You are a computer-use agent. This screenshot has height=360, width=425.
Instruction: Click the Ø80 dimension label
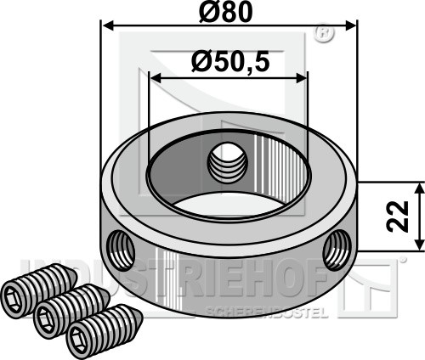(x=225, y=13)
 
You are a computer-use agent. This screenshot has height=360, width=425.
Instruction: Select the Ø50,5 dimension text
(x=229, y=62)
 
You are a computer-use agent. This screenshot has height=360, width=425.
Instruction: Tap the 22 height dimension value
(x=398, y=217)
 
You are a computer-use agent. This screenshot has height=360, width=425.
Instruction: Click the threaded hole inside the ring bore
(x=228, y=164)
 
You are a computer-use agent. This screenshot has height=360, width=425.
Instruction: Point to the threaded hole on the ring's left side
(x=121, y=250)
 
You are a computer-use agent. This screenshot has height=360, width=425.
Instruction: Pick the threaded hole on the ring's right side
(x=337, y=250)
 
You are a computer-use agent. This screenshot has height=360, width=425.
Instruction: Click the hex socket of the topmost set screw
(x=14, y=298)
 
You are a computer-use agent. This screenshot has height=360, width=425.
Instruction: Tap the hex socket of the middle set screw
(x=46, y=319)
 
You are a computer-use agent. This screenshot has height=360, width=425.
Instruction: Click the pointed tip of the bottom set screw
(x=143, y=316)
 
